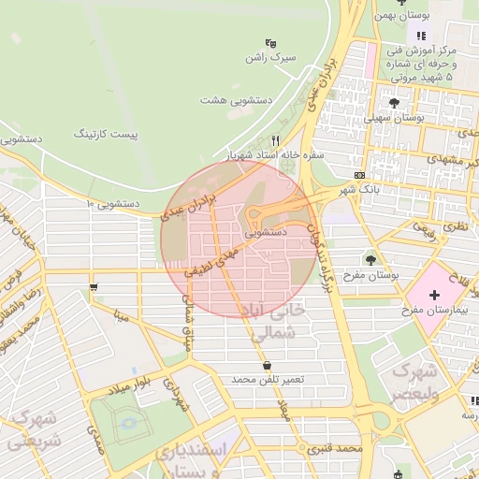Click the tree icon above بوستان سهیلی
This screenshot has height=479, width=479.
click(x=393, y=103)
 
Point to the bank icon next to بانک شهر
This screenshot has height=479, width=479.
click(x=360, y=175)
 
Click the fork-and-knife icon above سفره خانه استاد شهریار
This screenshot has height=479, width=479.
click(x=275, y=139)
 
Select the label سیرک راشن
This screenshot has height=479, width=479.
click(x=269, y=58)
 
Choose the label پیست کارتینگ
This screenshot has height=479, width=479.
click(x=105, y=135)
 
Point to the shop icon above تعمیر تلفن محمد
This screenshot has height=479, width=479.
click(x=269, y=365)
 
